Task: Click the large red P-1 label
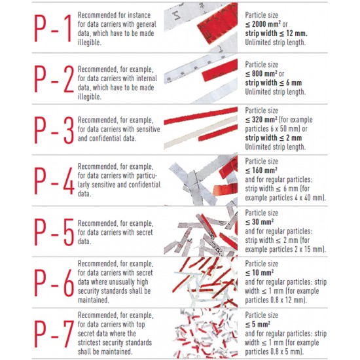pos(53,28)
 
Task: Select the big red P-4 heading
pos(54,181)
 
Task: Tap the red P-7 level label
pos(54,334)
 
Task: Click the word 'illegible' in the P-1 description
pos(89,43)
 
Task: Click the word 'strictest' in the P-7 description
pos(89,342)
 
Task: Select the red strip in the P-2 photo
pos(220,70)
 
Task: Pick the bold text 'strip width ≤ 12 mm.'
pos(276,33)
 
